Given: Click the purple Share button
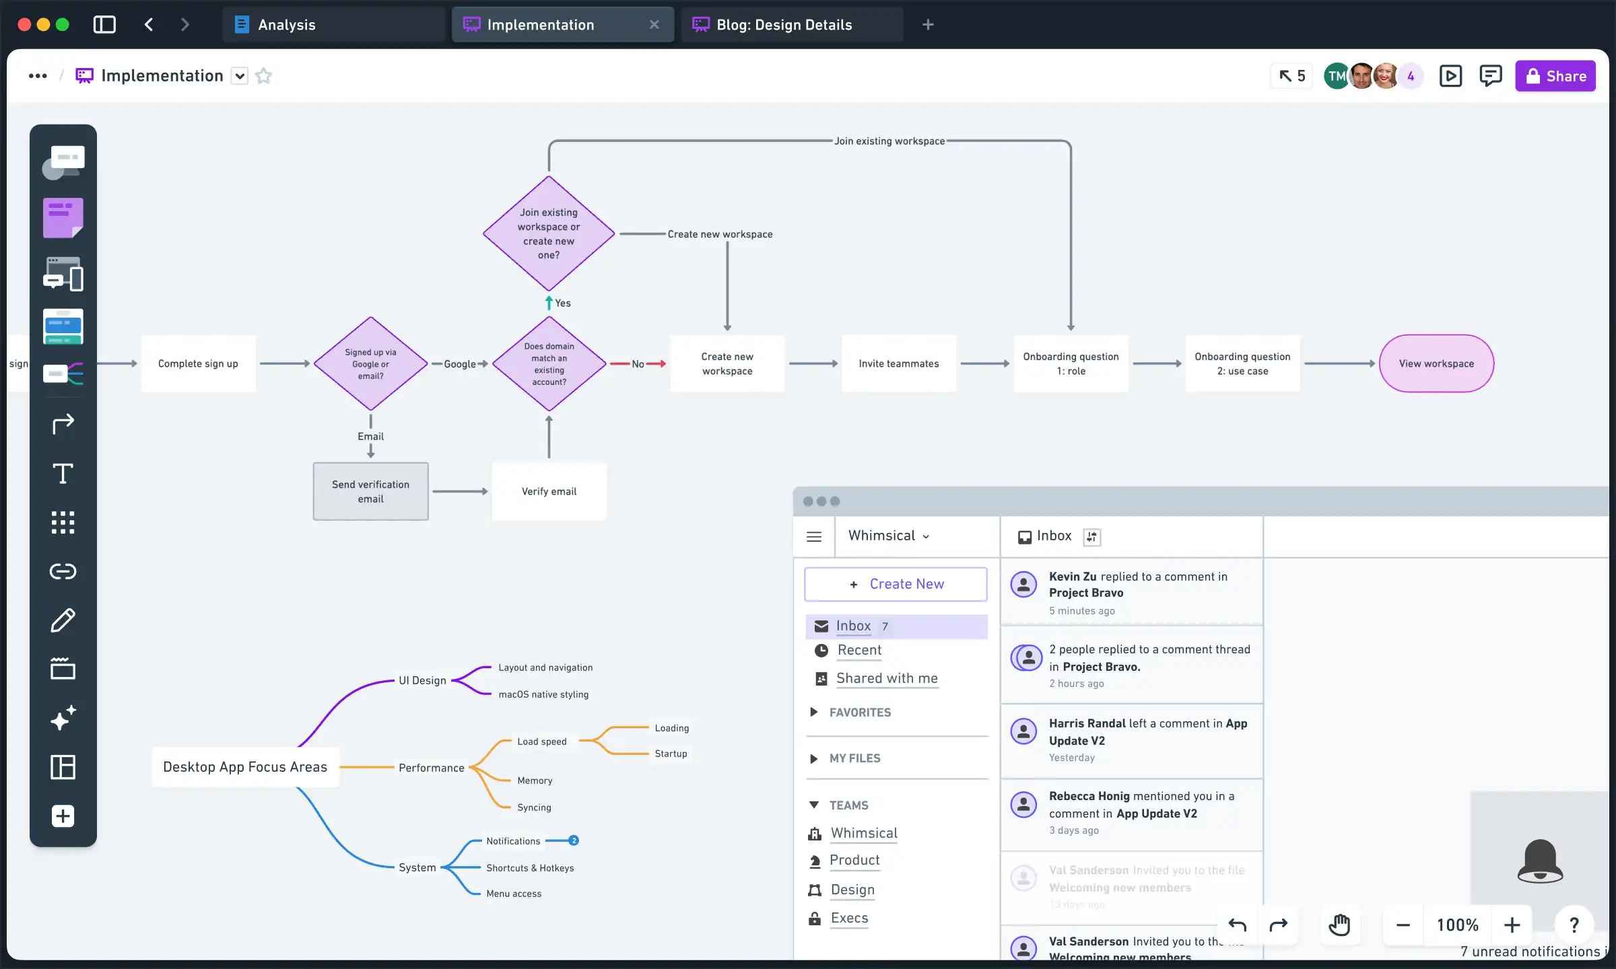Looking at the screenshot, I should coord(1555,76).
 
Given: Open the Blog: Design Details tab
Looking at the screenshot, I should coord(784,25).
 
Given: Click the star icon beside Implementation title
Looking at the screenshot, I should coord(264,76).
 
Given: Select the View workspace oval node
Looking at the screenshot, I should coord(1436,363).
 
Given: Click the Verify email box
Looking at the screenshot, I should coord(549,491).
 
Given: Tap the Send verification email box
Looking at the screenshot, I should coord(370,491).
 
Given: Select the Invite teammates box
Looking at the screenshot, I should coord(898,363).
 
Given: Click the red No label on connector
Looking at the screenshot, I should coord(637,364).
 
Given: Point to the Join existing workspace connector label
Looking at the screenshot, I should coord(889,141).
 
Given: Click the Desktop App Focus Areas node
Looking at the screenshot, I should coord(245,767).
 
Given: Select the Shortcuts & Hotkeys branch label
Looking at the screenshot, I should coord(530,868).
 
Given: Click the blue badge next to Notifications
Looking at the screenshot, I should coord(574,840).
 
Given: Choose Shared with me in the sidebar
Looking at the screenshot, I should coord(887,678).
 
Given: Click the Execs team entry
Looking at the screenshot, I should coord(849,918).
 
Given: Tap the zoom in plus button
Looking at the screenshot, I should coord(1512,925).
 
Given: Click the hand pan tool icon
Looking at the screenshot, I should coord(1339,925).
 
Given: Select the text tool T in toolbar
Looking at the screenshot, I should coord(63,474).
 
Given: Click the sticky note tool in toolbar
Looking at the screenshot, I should coord(63,217).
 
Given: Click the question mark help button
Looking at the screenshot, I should coord(1574,925).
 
